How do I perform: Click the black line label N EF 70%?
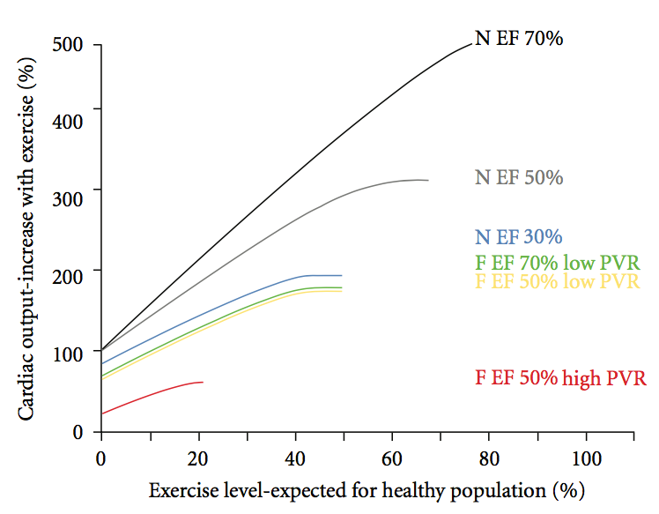coord(519,40)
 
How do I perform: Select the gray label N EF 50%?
coord(519,178)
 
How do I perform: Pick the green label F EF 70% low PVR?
coord(556,262)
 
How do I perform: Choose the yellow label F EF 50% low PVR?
coord(556,282)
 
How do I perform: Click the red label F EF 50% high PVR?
coord(561,378)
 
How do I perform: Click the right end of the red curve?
coord(203,382)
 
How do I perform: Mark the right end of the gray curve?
coord(428,180)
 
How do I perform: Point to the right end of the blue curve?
coord(342,276)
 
